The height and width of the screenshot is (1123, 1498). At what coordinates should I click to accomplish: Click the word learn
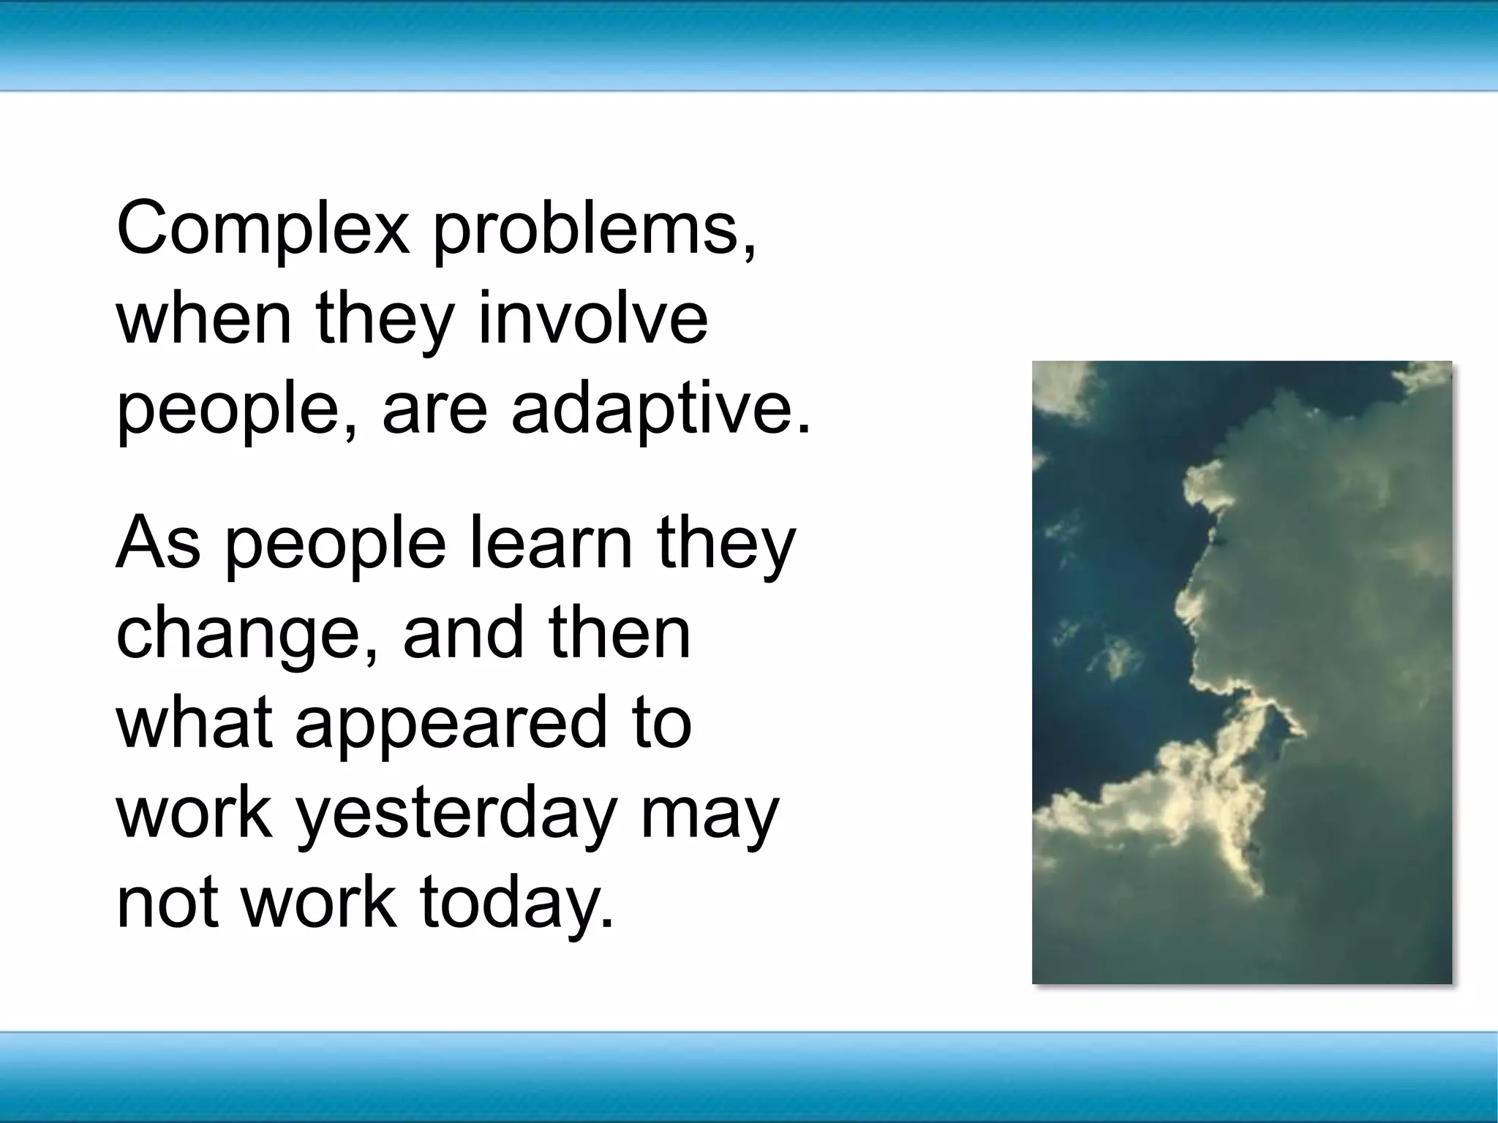click(x=549, y=544)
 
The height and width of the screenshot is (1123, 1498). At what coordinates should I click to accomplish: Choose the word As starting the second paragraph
click(x=158, y=544)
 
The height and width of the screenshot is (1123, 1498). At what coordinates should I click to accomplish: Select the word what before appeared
click(x=195, y=723)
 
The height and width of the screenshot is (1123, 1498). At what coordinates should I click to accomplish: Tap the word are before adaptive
click(x=434, y=407)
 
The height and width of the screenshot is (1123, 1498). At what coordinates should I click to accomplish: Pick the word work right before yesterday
click(x=195, y=813)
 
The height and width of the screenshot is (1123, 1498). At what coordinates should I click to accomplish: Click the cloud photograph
click(x=1241, y=672)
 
